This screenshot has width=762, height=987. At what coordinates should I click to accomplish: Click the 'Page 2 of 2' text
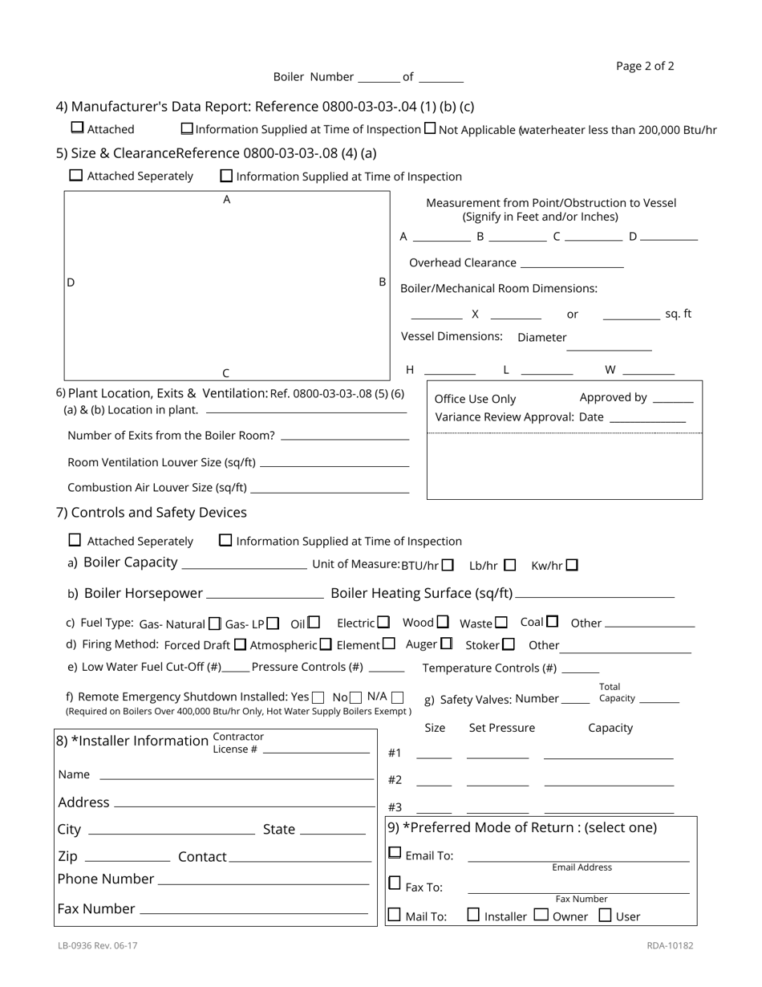[x=645, y=66]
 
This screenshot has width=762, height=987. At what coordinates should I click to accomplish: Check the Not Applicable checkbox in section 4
[x=430, y=128]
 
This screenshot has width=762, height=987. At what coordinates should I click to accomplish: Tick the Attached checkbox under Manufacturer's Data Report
[x=77, y=128]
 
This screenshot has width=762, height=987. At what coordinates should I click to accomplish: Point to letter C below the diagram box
[x=226, y=373]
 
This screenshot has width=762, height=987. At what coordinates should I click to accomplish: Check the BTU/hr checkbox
[x=448, y=565]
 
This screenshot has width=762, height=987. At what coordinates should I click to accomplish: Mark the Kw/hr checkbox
[x=572, y=565]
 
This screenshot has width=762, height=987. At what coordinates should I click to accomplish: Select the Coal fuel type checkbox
[x=552, y=621]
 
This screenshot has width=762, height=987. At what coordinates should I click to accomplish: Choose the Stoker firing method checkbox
[x=509, y=644]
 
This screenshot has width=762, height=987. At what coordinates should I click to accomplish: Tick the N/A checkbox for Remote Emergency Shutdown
[x=397, y=697]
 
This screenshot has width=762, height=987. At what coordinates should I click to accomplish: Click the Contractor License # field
[x=316, y=751]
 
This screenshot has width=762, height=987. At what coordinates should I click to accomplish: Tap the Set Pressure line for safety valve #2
[x=497, y=783]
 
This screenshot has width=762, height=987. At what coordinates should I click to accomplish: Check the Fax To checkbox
[x=395, y=883]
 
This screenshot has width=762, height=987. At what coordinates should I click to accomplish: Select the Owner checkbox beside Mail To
[x=541, y=915]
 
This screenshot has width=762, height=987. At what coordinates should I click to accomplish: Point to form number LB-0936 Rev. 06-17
[x=98, y=945]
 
